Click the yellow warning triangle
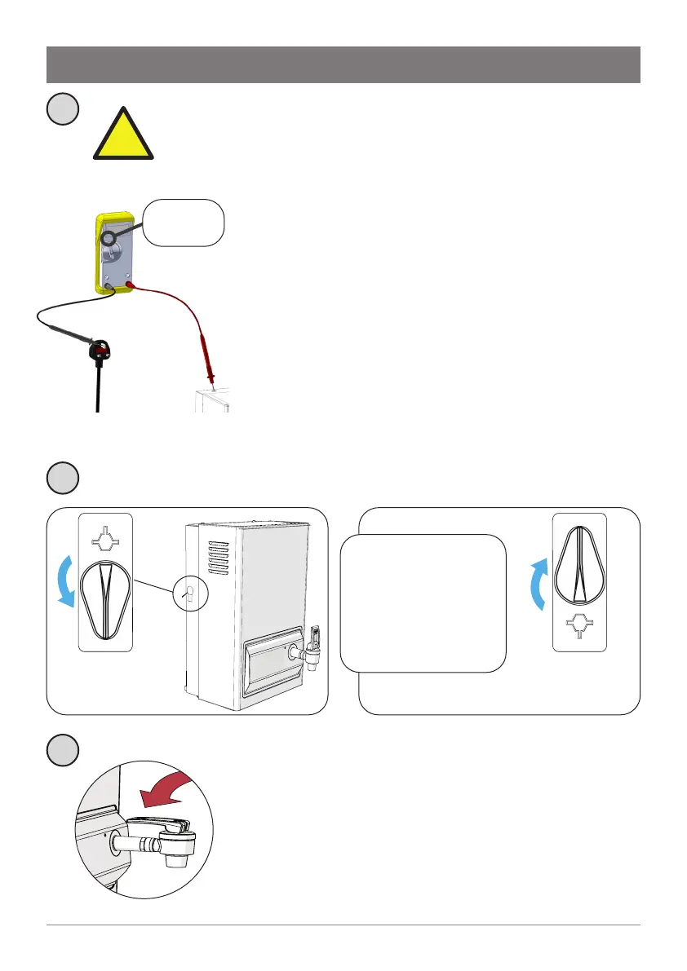click(x=123, y=136)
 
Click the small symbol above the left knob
click(x=105, y=540)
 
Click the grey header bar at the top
click(x=343, y=64)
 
